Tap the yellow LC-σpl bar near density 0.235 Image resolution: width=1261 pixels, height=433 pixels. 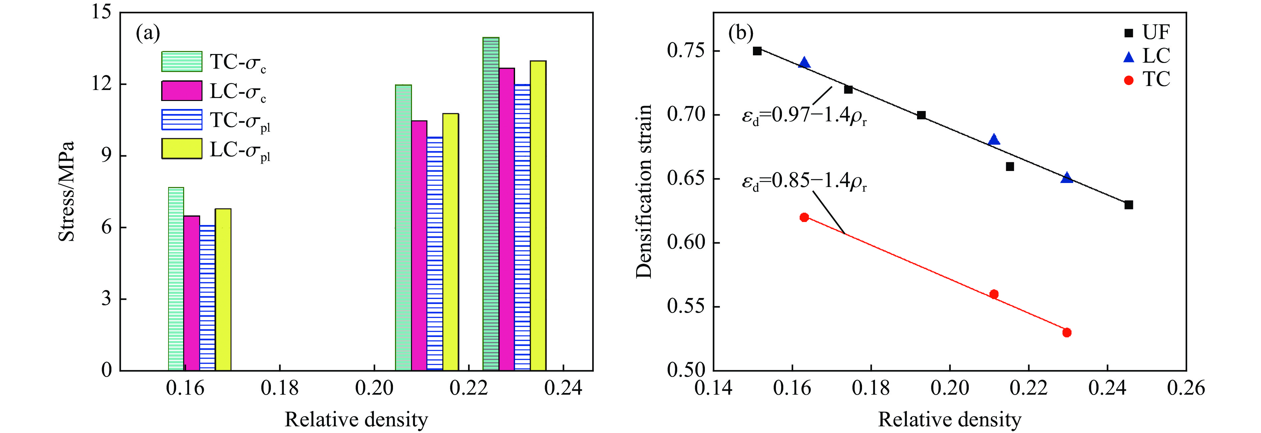(538, 215)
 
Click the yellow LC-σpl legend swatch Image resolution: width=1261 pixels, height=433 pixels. (181, 149)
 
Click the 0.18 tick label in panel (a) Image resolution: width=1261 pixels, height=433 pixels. (280, 388)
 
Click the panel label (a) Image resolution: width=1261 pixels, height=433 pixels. (148, 33)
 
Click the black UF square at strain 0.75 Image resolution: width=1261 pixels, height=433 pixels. (757, 51)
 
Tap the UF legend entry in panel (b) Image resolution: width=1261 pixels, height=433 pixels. (1155, 33)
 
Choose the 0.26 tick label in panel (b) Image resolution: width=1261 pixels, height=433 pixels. (1186, 388)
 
